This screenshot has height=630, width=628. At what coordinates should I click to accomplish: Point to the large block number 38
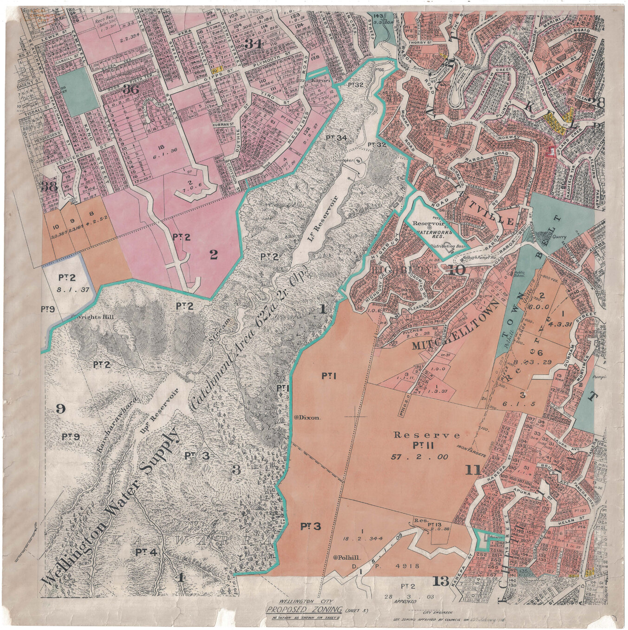pyautogui.click(x=50, y=187)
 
